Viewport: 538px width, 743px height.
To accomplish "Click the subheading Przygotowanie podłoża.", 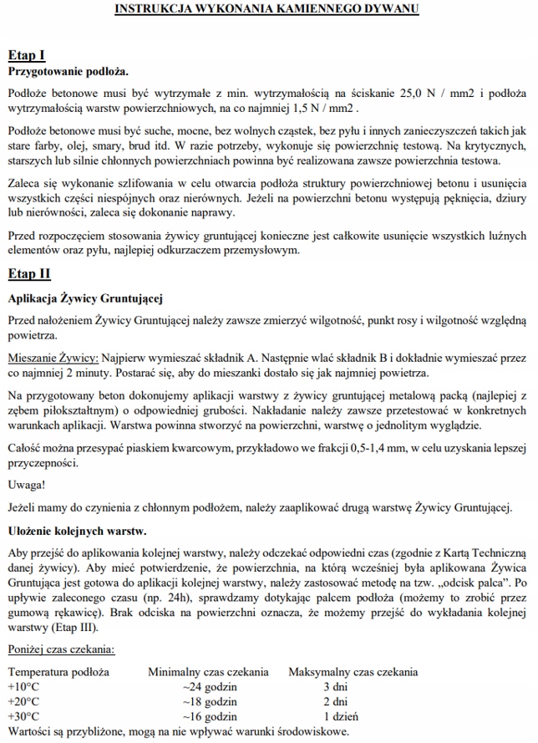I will tap(68, 72).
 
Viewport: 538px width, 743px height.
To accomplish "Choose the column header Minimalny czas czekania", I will tap(208, 672).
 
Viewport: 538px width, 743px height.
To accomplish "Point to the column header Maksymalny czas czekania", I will tap(353, 672).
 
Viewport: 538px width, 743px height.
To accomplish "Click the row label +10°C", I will tap(23, 686).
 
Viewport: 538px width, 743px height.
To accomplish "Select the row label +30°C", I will tap(23, 716).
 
